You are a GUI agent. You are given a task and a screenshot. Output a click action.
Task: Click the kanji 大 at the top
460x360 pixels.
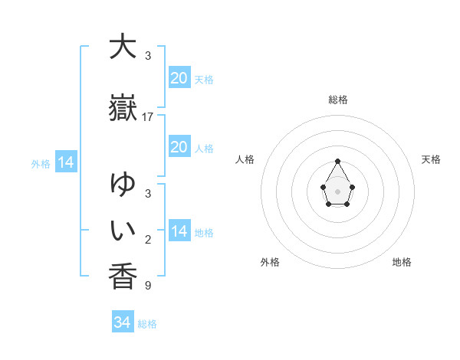coord(123,47)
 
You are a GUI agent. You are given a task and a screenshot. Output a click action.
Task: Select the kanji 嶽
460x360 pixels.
coord(123,109)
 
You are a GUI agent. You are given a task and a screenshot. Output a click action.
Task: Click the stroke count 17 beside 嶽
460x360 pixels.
coord(148,117)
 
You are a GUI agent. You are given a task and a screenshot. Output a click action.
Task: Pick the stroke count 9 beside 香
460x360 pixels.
coord(148,286)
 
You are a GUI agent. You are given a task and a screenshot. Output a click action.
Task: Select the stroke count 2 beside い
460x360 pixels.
coord(148,240)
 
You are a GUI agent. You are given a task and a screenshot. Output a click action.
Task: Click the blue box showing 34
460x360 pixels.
coord(123,322)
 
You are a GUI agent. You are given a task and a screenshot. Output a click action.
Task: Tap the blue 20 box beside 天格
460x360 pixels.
coord(179,78)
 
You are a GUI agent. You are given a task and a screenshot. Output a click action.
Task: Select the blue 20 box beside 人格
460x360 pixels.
coord(179,147)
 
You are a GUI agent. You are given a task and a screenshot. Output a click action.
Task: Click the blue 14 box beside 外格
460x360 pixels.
coord(65,162)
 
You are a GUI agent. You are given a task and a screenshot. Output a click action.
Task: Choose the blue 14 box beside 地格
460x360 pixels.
coord(179,231)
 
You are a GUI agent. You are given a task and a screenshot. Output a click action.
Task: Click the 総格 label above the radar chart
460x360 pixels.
coord(337,100)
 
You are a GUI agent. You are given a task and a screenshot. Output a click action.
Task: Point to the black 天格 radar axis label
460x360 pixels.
coord(432,159)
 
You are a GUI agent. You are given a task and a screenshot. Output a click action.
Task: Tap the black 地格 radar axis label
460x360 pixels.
coord(402,262)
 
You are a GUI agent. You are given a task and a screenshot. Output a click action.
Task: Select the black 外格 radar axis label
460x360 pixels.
coord(270,262)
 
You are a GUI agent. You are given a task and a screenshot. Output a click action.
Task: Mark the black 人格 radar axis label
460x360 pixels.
coord(245,159)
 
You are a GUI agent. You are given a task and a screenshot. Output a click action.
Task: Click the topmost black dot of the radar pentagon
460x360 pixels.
coord(337,161)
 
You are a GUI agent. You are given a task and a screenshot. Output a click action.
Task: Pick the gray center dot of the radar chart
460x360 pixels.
coord(337,190)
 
